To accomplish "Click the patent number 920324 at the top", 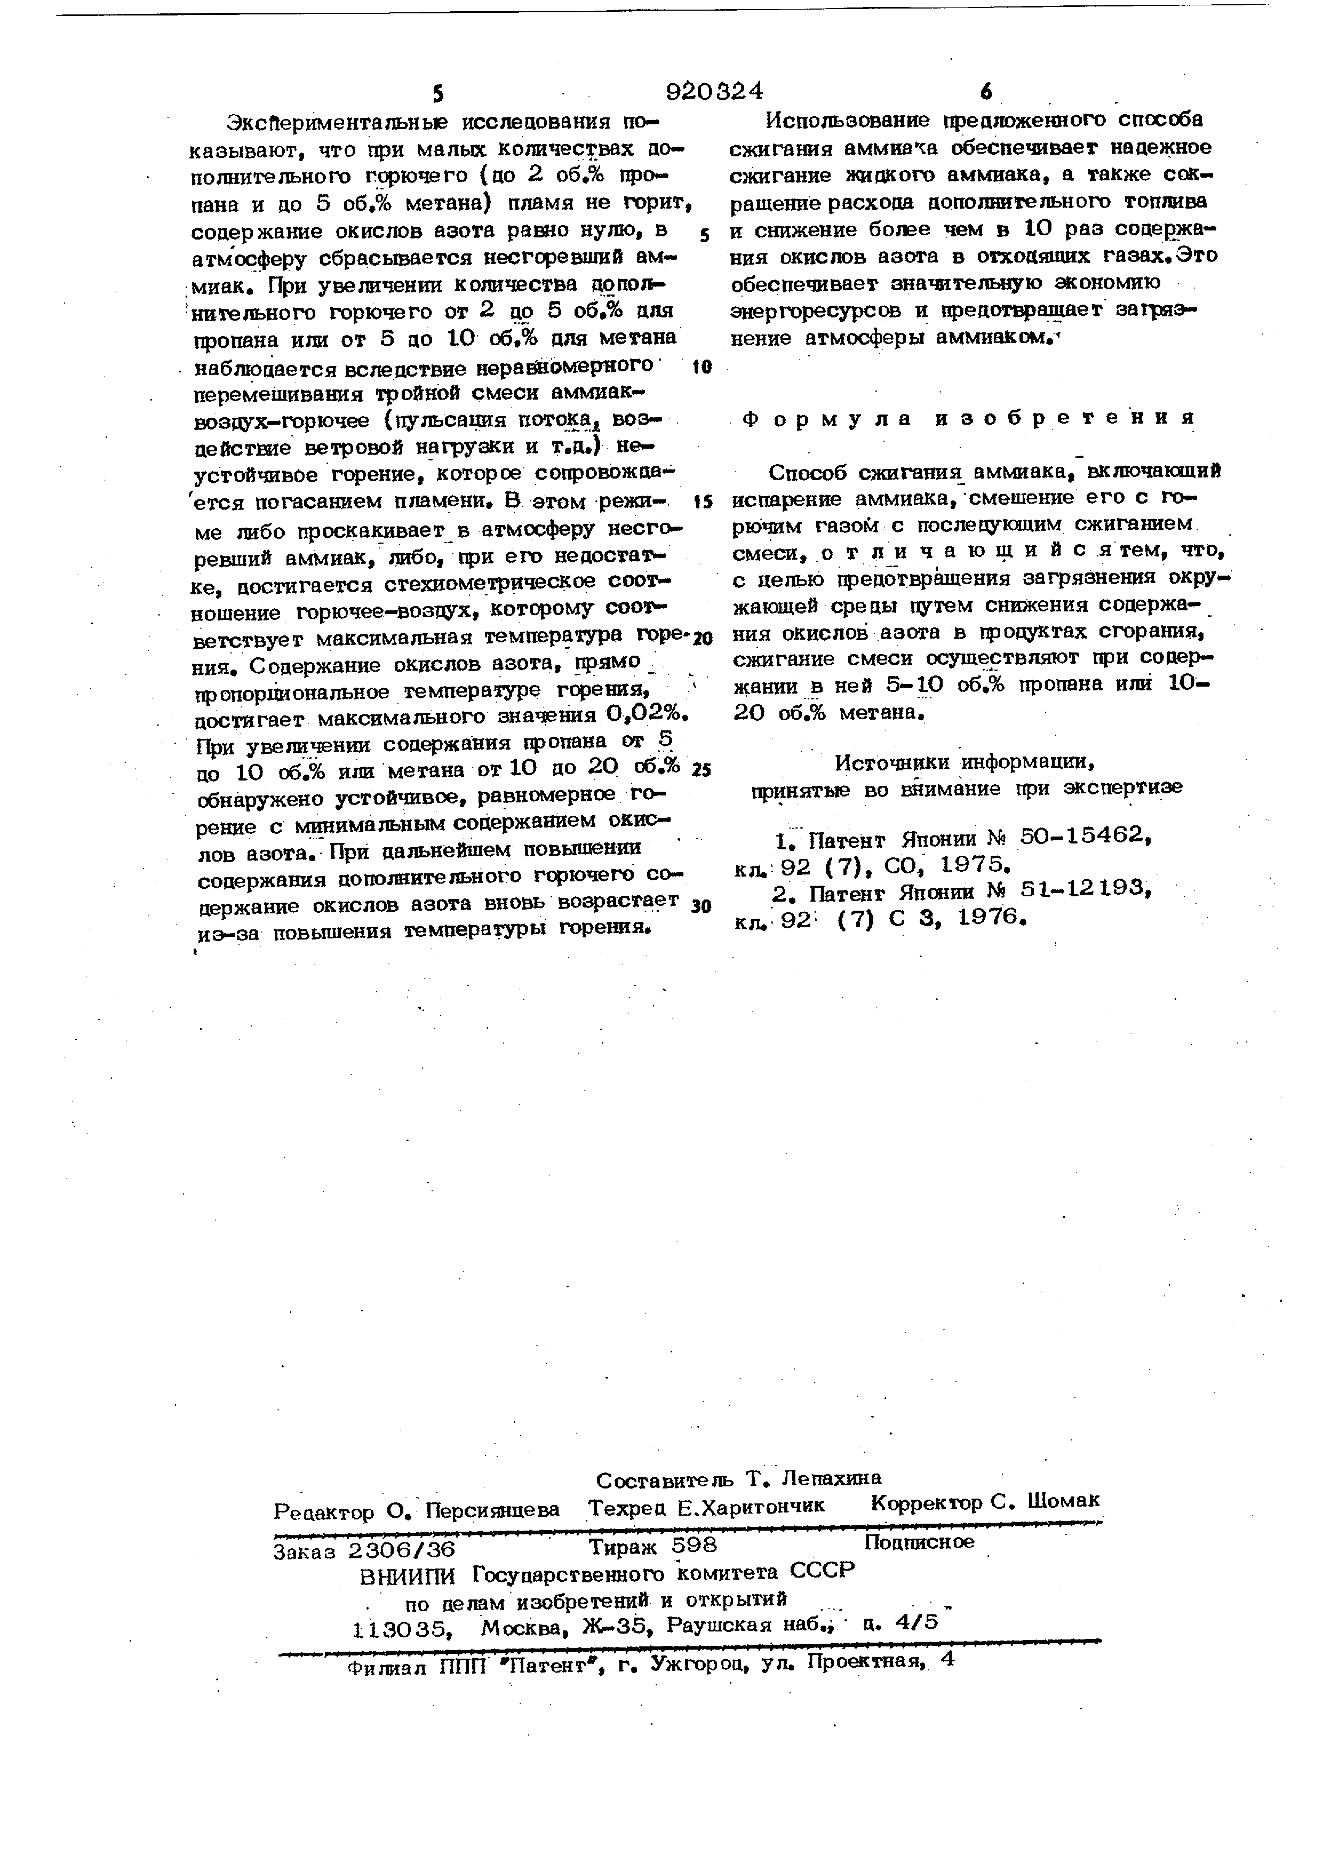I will tap(714, 91).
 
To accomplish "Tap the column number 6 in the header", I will tap(986, 92).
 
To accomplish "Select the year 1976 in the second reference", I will tap(987, 918).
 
